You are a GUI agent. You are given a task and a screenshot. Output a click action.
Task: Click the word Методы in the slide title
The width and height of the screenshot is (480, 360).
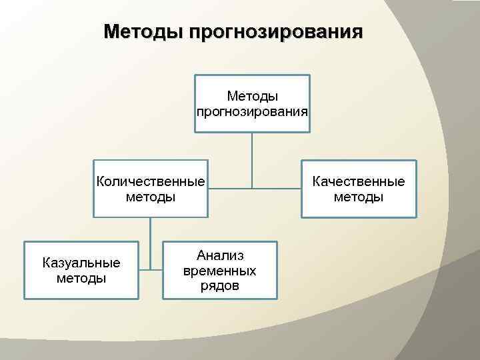(x=143, y=32)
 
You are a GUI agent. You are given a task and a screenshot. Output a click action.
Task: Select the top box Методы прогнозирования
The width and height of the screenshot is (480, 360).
(x=252, y=103)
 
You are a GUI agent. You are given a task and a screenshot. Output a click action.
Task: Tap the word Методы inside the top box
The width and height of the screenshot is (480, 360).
(x=253, y=97)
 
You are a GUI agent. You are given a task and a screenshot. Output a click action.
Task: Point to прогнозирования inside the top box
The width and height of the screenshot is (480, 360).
(x=252, y=111)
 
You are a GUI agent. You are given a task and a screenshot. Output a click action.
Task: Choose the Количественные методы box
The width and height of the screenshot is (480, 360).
(x=150, y=189)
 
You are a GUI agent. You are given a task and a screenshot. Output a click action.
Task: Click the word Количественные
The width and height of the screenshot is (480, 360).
(x=150, y=182)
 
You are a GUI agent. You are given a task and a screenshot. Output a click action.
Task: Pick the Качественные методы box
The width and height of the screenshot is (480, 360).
(x=359, y=189)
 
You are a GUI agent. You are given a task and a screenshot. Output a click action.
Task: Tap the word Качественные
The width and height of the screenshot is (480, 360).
(x=359, y=182)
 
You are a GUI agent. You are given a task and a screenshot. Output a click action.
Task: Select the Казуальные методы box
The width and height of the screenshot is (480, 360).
(x=81, y=269)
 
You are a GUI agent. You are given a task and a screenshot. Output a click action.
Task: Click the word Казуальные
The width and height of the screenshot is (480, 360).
(x=81, y=263)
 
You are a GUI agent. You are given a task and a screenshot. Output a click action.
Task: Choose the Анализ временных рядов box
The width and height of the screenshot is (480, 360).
(x=219, y=269)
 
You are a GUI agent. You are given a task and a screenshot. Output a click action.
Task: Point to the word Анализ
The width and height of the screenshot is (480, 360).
(x=220, y=256)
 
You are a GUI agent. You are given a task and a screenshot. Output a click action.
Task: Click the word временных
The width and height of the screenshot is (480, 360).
(x=219, y=271)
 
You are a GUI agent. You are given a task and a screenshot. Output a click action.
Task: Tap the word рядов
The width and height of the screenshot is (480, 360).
(x=219, y=286)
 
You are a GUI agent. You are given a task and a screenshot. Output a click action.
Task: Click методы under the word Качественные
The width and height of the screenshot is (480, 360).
(x=359, y=197)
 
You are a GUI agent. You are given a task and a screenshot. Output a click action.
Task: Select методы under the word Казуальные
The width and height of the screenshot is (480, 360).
(x=81, y=277)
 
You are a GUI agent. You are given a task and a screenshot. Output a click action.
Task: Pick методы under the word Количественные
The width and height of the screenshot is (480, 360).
(x=150, y=197)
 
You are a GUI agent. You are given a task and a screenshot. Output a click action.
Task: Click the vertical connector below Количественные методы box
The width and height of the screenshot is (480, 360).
(x=150, y=240)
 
